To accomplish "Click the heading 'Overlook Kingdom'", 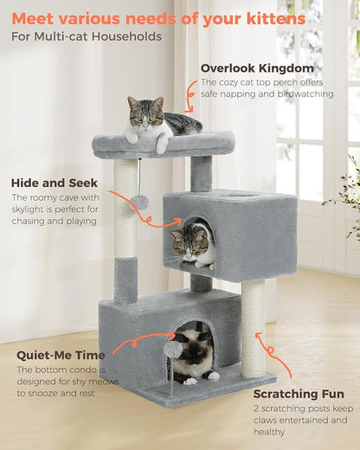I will (257, 67).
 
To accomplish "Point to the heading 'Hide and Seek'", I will (55, 183).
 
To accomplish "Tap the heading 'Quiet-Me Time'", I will (61, 355).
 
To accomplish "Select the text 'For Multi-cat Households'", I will (87, 36).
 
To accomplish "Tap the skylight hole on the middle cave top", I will (252, 196).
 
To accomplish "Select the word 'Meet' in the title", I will (34, 17).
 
